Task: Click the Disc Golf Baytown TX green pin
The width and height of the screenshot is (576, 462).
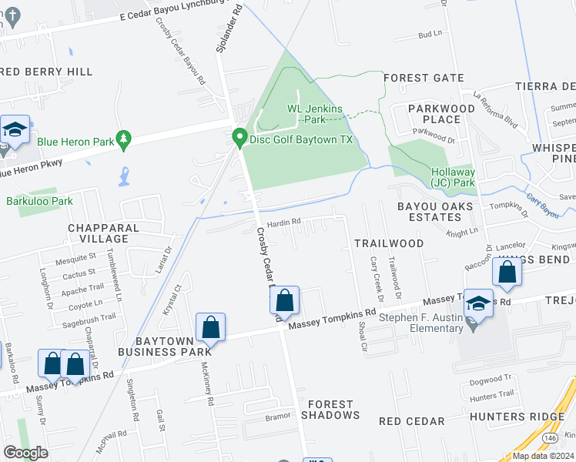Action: (x=239, y=138)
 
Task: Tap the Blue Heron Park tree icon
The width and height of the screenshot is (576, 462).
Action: (x=122, y=139)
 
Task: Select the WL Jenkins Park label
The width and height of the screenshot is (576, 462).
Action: (x=315, y=114)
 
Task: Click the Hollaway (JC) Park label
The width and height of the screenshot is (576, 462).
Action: (x=453, y=177)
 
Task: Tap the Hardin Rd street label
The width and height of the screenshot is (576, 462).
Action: (x=283, y=223)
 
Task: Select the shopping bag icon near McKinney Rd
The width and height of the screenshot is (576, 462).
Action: (x=211, y=327)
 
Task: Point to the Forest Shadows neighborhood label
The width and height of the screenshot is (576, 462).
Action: (x=330, y=410)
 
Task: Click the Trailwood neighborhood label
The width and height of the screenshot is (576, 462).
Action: (x=389, y=243)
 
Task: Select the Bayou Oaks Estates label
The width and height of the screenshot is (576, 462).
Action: (x=430, y=212)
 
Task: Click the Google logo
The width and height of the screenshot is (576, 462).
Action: (x=25, y=453)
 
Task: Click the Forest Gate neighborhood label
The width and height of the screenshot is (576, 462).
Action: (x=424, y=78)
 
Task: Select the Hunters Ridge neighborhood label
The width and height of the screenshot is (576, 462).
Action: (x=531, y=416)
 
